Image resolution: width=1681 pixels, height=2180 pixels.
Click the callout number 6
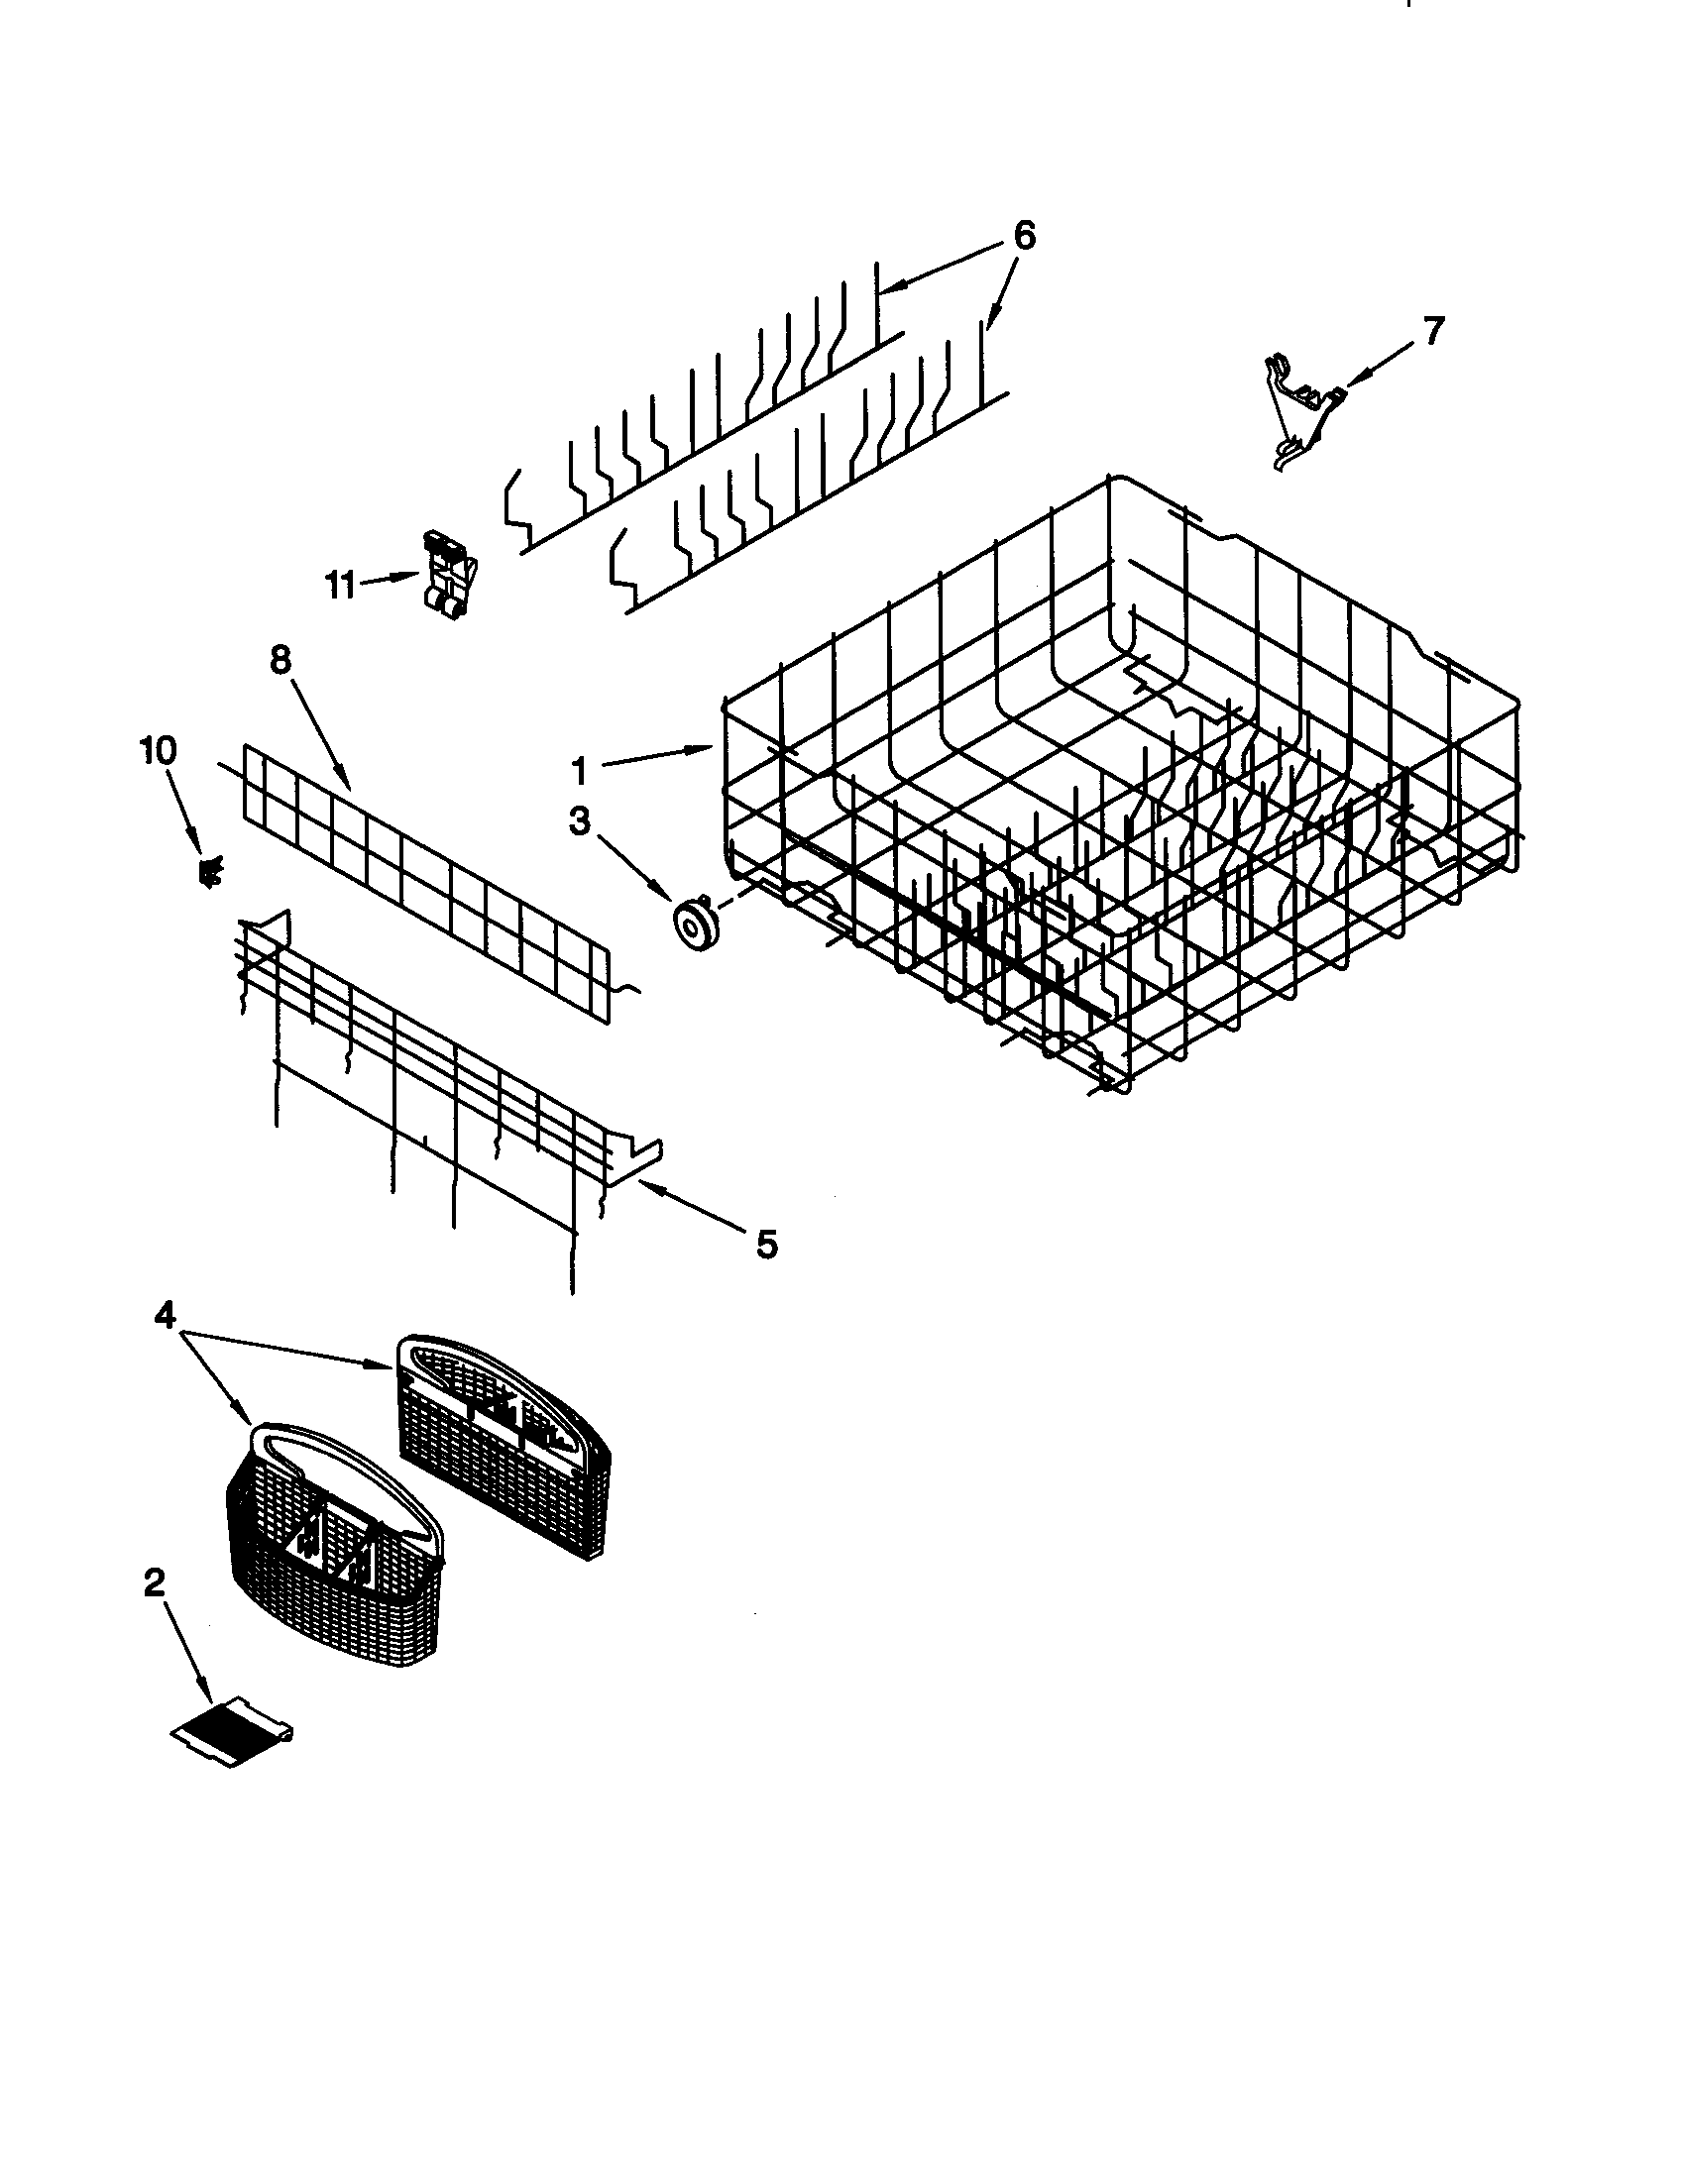coord(1024,236)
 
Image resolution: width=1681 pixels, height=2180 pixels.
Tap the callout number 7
coord(1432,330)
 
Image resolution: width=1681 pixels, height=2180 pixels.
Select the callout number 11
coord(341,585)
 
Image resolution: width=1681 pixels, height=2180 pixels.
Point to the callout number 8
coord(280,660)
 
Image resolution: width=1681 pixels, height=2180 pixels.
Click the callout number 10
coord(160,751)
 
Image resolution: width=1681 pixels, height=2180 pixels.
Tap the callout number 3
coord(579,821)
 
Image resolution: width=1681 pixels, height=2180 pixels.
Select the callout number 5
coord(765,1244)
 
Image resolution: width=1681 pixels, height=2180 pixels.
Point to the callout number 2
coord(154,1583)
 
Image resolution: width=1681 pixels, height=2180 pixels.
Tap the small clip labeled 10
coord(212,872)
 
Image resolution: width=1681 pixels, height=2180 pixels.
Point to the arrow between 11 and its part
coord(389,580)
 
